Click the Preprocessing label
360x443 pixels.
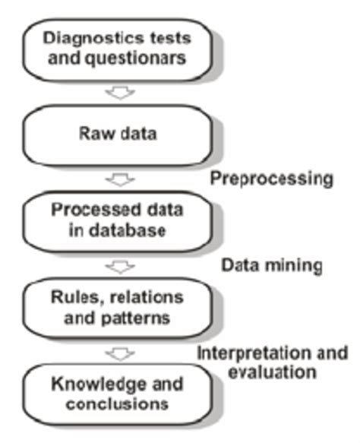pyautogui.click(x=271, y=179)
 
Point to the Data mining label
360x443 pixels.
pyautogui.click(x=271, y=266)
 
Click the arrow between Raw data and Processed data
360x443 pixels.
pyautogui.click(x=120, y=181)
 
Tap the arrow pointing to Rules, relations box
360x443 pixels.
pyautogui.click(x=120, y=267)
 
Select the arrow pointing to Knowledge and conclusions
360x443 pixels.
pyautogui.click(x=120, y=353)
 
